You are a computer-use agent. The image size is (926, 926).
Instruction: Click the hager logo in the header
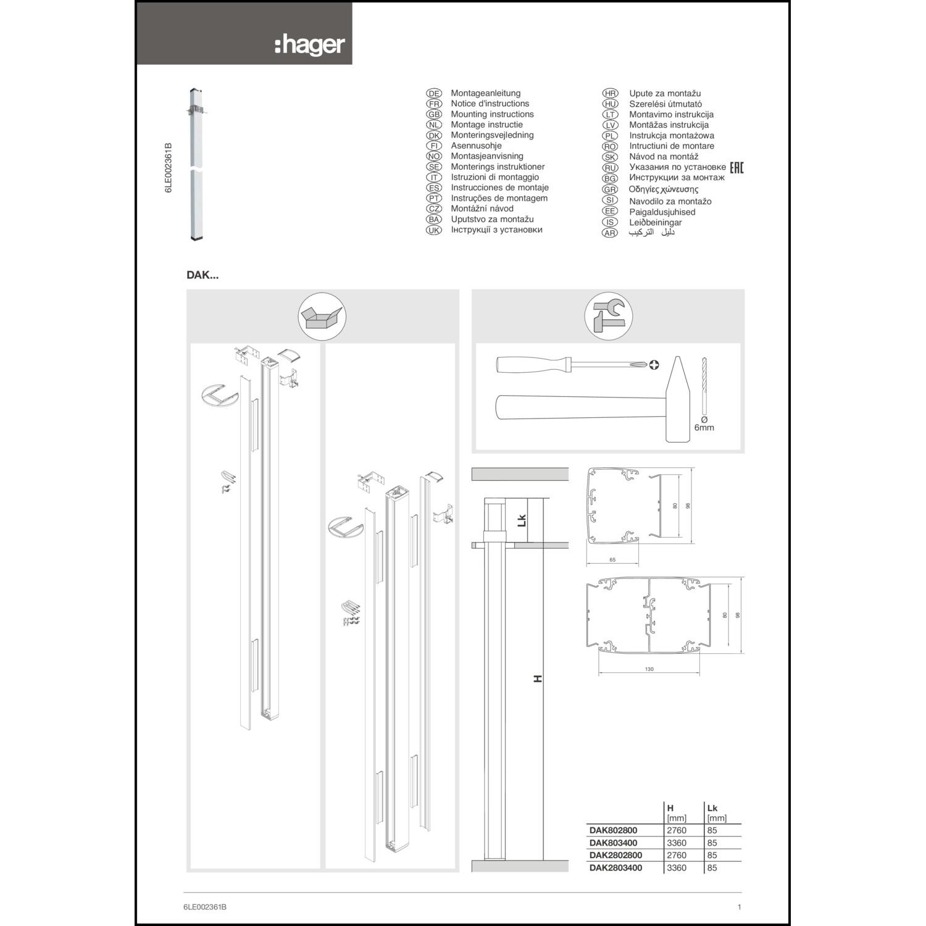(310, 46)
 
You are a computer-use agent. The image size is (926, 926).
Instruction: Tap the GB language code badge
(434, 114)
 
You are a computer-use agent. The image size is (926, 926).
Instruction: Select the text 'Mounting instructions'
(492, 114)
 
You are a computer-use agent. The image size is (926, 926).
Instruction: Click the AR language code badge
(610, 233)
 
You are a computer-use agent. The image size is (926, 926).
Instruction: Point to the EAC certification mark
(737, 167)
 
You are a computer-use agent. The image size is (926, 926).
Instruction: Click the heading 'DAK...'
(202, 275)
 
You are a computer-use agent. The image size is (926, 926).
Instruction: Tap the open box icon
(322, 317)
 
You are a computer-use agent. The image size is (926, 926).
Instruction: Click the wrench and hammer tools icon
(608, 317)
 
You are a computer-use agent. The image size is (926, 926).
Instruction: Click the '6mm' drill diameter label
(704, 427)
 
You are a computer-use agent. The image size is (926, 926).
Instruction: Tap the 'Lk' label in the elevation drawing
(522, 520)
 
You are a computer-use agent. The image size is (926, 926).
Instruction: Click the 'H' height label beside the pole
(538, 678)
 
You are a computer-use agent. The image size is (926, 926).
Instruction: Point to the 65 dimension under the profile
(612, 560)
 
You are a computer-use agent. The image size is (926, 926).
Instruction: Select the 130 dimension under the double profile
(649, 669)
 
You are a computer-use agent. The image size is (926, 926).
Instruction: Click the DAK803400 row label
(613, 843)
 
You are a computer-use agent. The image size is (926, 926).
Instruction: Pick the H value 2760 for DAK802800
(677, 830)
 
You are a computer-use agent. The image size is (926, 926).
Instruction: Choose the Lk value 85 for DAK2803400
(712, 867)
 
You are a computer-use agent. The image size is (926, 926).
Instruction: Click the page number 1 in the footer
(740, 907)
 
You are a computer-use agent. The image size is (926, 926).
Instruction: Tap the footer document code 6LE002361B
(205, 907)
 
